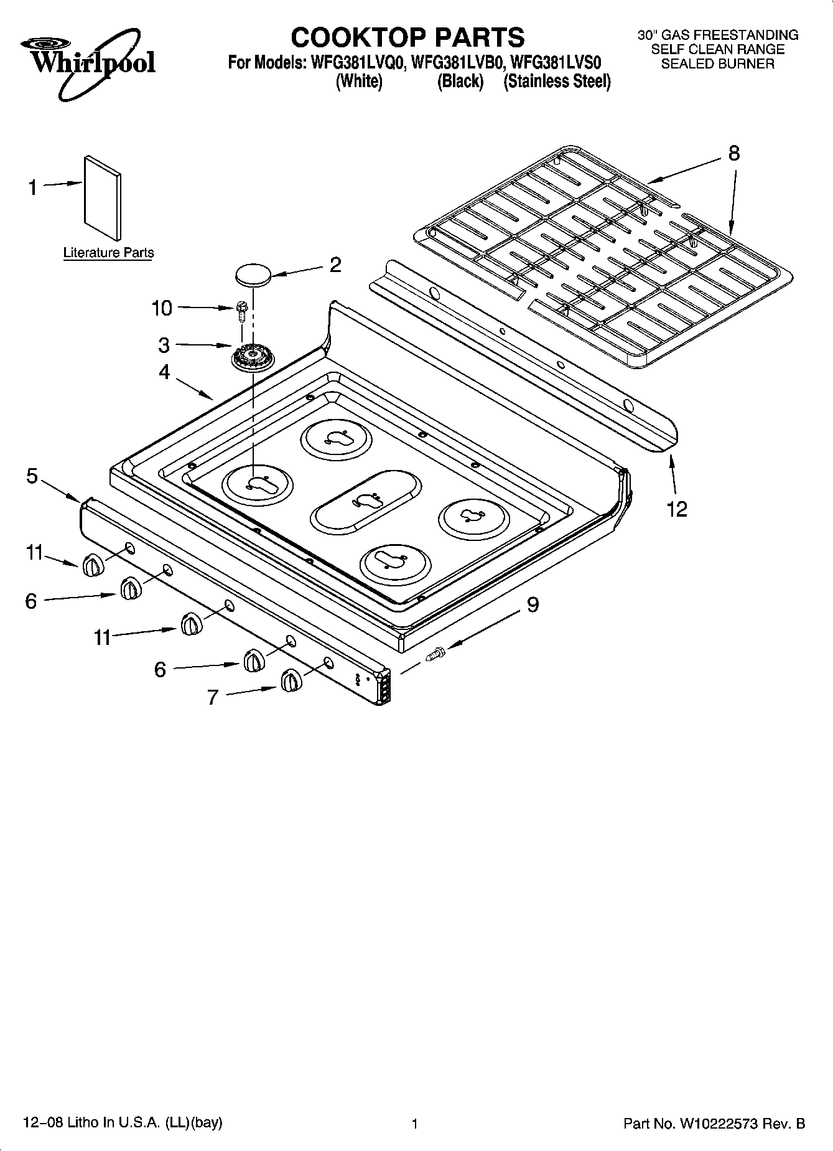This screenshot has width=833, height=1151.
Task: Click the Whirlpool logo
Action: click(87, 62)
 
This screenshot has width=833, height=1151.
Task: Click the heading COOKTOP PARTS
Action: click(407, 37)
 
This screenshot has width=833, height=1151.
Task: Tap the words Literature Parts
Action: click(108, 253)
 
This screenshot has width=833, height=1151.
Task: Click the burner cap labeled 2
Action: click(253, 275)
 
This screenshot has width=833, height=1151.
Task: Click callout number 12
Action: click(677, 509)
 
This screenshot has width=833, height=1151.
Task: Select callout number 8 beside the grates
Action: click(734, 153)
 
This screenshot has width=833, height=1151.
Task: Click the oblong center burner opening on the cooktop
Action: click(366, 500)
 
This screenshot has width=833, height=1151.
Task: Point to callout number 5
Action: click(32, 476)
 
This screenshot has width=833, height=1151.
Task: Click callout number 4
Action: click(164, 372)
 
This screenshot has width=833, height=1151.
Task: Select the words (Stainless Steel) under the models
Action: click(557, 82)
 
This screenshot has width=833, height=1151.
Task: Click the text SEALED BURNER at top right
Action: click(717, 63)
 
